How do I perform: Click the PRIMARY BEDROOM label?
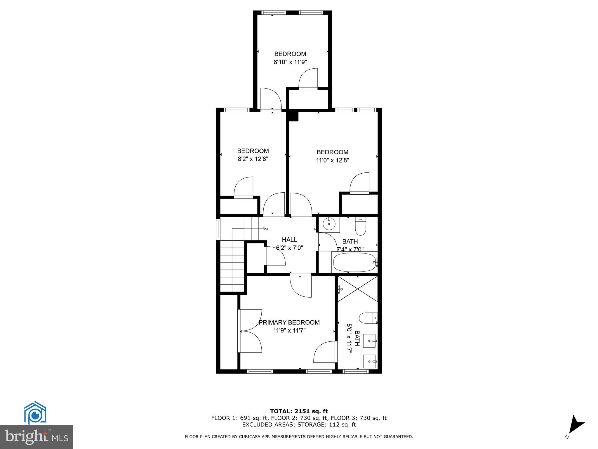(x=289, y=322)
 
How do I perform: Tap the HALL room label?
(x=289, y=240)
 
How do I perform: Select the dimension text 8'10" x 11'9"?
(x=290, y=62)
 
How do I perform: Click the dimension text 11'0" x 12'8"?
(x=332, y=160)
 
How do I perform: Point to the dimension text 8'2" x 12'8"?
(x=253, y=159)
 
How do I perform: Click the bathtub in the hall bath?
(x=354, y=262)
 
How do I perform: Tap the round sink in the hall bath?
(x=329, y=224)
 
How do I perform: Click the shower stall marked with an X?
(x=358, y=289)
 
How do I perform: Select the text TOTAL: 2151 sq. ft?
(x=299, y=411)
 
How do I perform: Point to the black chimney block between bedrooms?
(x=293, y=116)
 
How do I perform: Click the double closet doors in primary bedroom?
(x=250, y=331)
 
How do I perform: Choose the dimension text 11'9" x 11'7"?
(x=289, y=331)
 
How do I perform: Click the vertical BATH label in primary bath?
(x=357, y=338)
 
